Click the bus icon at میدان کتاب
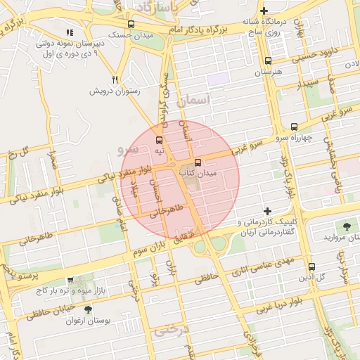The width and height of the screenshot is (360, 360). click(x=197, y=162)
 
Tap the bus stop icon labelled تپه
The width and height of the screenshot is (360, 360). click(x=160, y=140)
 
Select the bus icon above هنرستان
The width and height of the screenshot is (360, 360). click(x=267, y=61)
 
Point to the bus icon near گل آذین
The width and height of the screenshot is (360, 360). click(x=311, y=266)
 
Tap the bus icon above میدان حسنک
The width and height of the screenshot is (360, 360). click(x=131, y=25)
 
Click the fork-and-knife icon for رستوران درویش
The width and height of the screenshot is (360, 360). click(x=115, y=79)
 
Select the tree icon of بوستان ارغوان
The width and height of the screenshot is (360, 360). click(x=87, y=309)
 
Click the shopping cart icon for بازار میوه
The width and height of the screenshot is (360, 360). click(x=70, y=280)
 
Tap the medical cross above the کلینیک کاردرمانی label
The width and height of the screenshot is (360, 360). click(x=267, y=211)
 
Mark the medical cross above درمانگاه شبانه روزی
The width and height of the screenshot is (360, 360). click(x=264, y=11)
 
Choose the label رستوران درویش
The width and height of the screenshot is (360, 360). click(x=115, y=91)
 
